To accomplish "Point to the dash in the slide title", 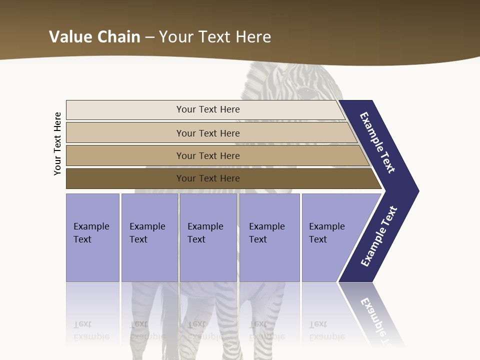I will tap(149, 37).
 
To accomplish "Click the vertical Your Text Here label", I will tap(57, 143).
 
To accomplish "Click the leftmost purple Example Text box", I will tap(92, 236).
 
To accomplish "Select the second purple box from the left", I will tap(149, 236).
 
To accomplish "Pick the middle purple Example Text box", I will tap(208, 236).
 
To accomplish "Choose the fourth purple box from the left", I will tap(269, 236).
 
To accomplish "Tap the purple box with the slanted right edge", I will tap(330, 236).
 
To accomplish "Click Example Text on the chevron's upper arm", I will tap(377, 142).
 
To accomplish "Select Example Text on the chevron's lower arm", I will tap(378, 236).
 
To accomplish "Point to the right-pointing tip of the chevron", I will tap(416, 191).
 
